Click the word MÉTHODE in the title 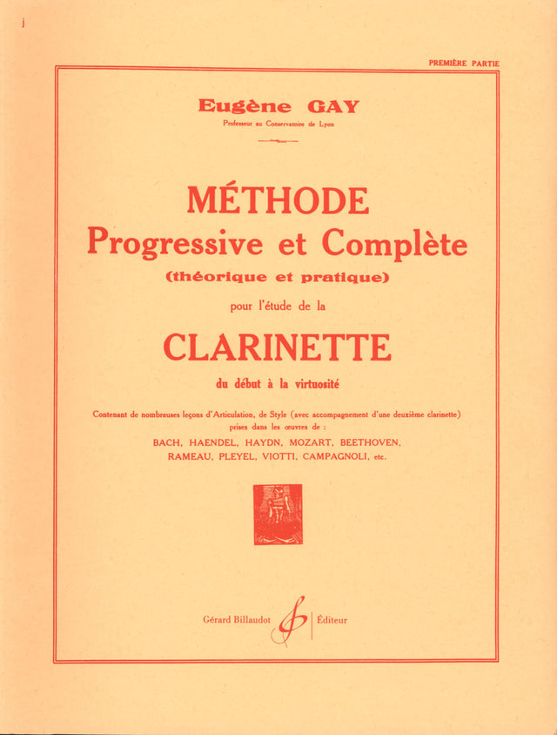(x=278, y=202)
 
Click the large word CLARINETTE (x=278, y=347)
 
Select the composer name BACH (x=168, y=443)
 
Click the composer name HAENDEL (x=215, y=443)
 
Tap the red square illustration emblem (x=278, y=514)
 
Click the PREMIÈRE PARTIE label (x=464, y=64)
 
